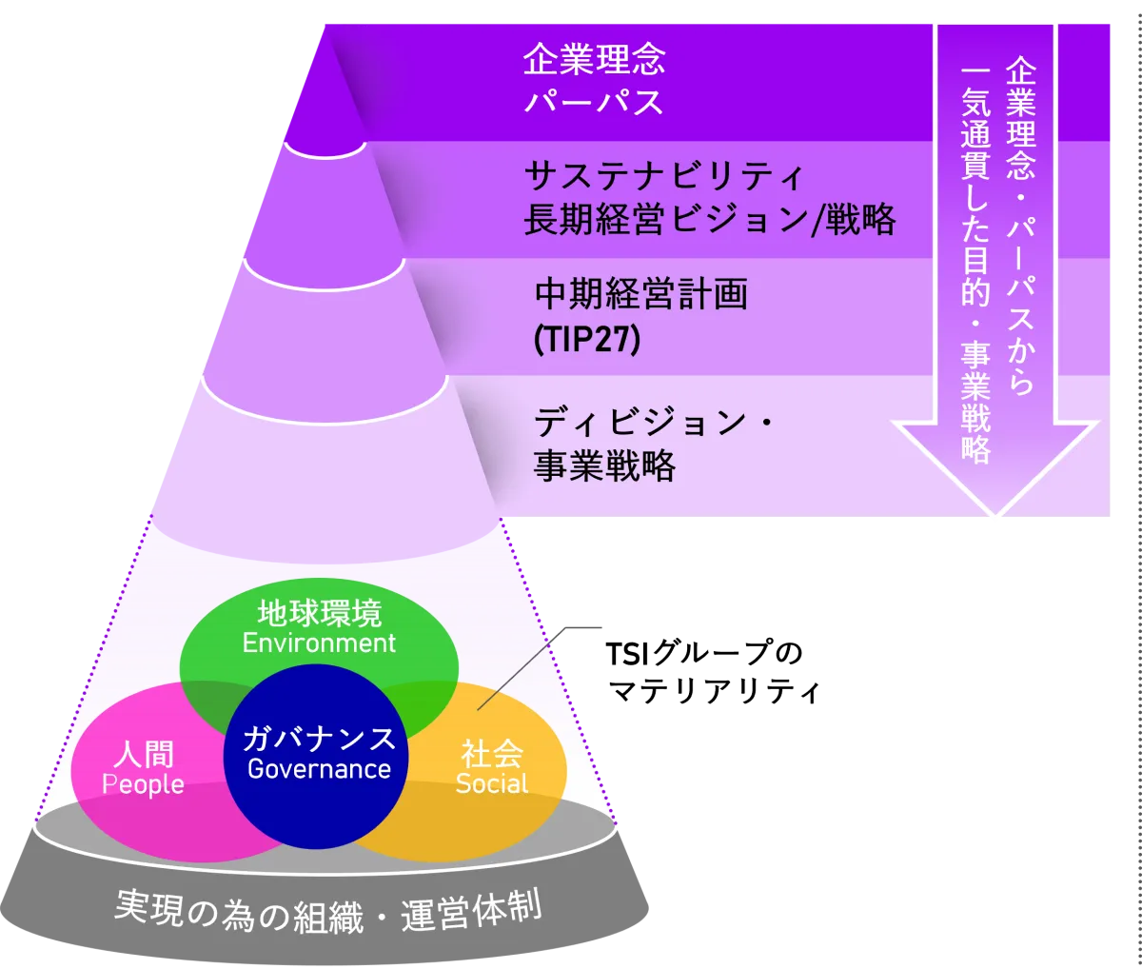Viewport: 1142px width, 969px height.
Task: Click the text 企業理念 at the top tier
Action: click(x=593, y=60)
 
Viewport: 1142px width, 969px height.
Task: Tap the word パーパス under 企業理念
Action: click(x=593, y=102)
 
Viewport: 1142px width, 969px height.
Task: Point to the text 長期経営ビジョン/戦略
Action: click(x=709, y=220)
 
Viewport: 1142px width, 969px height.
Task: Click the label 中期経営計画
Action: click(x=640, y=295)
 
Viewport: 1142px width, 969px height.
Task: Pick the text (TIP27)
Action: click(x=586, y=340)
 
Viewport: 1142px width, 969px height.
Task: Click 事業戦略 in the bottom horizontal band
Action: click(x=604, y=466)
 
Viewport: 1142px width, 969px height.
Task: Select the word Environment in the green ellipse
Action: click(x=319, y=643)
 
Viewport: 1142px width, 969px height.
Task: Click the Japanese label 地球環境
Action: click(x=319, y=614)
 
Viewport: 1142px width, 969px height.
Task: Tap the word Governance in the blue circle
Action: click(x=319, y=769)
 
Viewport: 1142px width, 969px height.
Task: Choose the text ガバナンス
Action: click(x=319, y=739)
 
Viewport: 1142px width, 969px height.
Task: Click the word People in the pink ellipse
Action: click(x=143, y=784)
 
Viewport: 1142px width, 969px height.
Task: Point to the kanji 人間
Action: click(x=143, y=755)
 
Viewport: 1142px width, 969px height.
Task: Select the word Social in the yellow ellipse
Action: click(x=491, y=783)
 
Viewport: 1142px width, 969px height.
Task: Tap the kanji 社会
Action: click(x=491, y=754)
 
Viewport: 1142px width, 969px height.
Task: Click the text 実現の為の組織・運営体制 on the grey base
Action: click(x=328, y=912)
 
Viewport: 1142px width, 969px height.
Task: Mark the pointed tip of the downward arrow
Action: click(x=995, y=519)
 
